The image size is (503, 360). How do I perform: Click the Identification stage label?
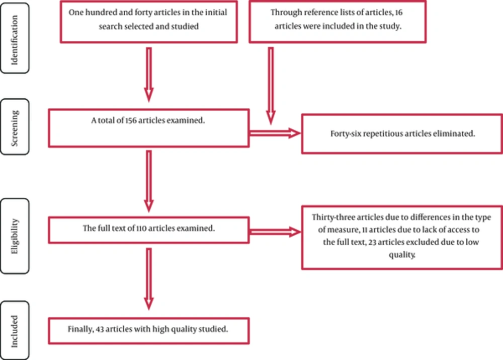pos(15,40)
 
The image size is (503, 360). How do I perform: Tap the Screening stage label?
pos(15,128)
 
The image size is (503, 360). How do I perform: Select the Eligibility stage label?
pos(15,236)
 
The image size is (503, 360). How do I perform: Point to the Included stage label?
pos(15,331)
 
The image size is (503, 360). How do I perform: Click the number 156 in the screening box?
pos(131,120)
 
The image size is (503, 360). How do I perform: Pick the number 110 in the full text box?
pos(141,228)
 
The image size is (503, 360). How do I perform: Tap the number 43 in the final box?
pos(100,329)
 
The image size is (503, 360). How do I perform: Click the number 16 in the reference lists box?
pos(399,13)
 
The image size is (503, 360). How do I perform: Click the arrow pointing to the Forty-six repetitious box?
pos(275,133)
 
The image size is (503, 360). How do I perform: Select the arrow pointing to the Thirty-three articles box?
pos(275,232)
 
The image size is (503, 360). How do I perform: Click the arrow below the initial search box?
pos(149,75)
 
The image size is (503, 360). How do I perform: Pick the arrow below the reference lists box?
pos(271,86)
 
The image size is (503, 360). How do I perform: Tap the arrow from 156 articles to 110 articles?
pos(149,181)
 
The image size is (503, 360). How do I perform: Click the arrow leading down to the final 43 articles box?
pos(149,279)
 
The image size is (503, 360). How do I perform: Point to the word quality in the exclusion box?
pos(402,255)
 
